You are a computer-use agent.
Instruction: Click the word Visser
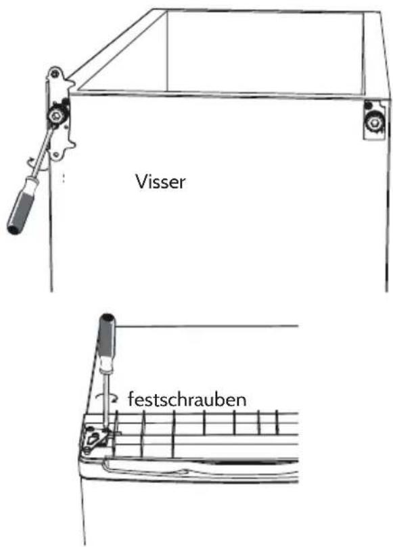[160, 181]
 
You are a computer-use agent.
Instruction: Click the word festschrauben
[187, 399]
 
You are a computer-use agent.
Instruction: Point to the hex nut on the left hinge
[55, 116]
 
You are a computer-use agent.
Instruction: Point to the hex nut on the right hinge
[375, 122]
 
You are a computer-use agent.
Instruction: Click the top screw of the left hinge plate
[53, 73]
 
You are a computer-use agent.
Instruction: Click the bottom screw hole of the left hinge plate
[56, 154]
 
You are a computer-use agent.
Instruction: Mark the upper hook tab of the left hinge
[71, 84]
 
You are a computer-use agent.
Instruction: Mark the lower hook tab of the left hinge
[72, 143]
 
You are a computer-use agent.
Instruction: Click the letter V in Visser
[141, 182]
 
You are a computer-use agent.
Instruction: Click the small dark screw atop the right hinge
[368, 105]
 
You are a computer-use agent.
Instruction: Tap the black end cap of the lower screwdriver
[107, 318]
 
